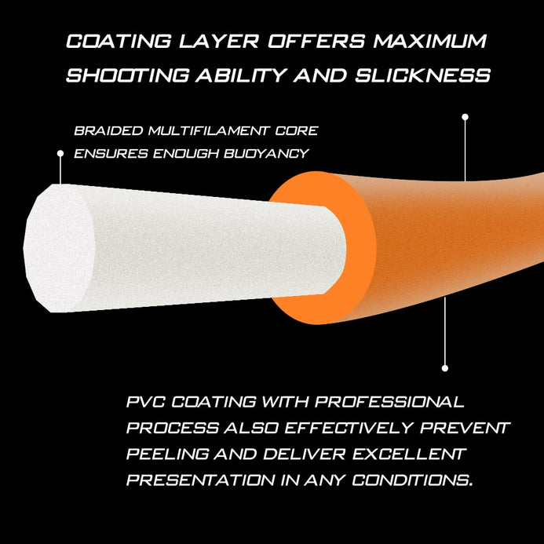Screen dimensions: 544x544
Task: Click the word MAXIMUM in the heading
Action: pos(430,41)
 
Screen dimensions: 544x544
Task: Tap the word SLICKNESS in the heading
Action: pos(423,75)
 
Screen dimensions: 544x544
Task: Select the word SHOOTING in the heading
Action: pos(128,75)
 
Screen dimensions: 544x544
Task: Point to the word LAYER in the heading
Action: pos(219,41)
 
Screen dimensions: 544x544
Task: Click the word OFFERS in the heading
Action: pos(316,41)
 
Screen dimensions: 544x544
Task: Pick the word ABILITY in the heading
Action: pos(241,75)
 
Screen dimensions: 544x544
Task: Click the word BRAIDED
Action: pos(108,131)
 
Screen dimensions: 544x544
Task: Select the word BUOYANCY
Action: pos(266,153)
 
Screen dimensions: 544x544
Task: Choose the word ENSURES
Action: pos(111,153)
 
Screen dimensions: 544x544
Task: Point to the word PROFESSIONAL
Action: pos(389,402)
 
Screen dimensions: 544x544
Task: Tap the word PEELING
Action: pos(167,454)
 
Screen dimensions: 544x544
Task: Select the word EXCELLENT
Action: pos(409,454)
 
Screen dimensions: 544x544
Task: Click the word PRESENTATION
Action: pos(200,480)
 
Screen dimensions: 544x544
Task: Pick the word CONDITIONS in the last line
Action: pos(412,480)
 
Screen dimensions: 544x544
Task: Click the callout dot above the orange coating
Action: pos(466,117)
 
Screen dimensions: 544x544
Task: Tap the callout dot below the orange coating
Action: pos(445,368)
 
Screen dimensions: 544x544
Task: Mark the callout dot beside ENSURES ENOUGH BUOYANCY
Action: pos(60,153)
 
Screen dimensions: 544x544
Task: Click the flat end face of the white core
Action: pos(59,248)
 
